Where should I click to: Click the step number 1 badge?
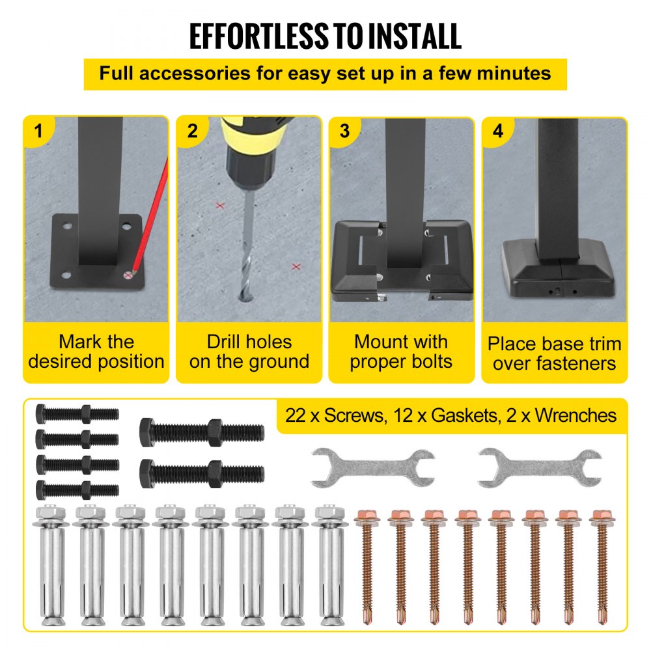point(38,131)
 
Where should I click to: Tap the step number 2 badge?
point(192,131)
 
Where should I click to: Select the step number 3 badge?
point(344,131)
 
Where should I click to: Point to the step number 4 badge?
point(497,131)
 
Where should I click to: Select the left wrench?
point(372,467)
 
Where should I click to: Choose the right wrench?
point(538,467)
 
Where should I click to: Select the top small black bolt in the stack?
point(77,413)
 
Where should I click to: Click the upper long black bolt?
point(202,431)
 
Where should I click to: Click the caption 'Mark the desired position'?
point(96,352)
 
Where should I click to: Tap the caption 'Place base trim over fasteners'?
point(555,353)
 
